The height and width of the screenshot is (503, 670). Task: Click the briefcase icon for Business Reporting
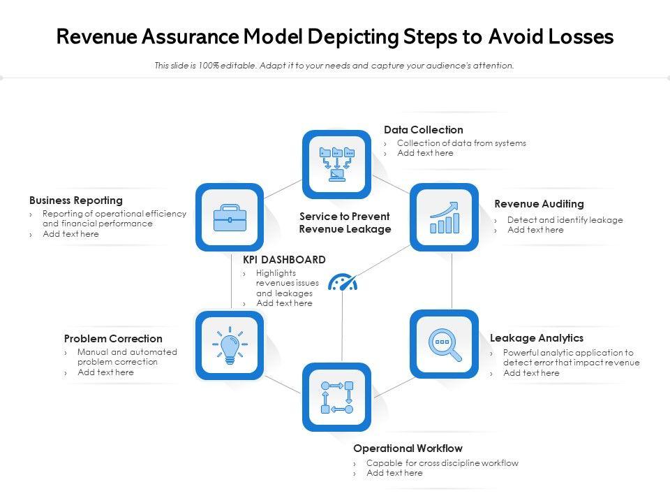pyautogui.click(x=230, y=217)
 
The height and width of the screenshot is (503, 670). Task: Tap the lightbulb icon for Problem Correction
pyautogui.click(x=230, y=345)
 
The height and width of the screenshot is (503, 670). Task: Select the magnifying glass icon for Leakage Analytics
pyautogui.click(x=445, y=344)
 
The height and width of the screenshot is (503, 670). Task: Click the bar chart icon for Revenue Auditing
pyautogui.click(x=445, y=217)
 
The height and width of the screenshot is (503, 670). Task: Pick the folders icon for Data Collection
pyautogui.click(x=336, y=164)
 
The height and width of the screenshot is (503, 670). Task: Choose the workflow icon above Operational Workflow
pyautogui.click(x=336, y=397)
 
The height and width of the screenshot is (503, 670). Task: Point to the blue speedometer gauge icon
pyautogui.click(x=343, y=282)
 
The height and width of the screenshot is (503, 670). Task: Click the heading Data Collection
pyautogui.click(x=423, y=130)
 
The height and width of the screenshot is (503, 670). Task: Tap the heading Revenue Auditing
pyautogui.click(x=539, y=204)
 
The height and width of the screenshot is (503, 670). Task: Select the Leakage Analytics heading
pyautogui.click(x=536, y=338)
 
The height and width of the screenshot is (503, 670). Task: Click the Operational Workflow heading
pyautogui.click(x=408, y=449)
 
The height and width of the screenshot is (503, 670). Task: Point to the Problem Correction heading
pyautogui.click(x=113, y=339)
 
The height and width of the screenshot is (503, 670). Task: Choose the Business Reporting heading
pyautogui.click(x=76, y=201)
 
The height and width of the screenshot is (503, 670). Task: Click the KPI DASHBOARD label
pyautogui.click(x=284, y=260)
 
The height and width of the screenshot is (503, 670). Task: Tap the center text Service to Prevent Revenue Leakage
pyautogui.click(x=345, y=223)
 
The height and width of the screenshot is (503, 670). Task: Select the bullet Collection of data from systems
pyautogui.click(x=461, y=143)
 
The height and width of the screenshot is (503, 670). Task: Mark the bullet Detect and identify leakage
pyautogui.click(x=565, y=220)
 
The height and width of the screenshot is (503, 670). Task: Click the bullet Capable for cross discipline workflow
pyautogui.click(x=442, y=463)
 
